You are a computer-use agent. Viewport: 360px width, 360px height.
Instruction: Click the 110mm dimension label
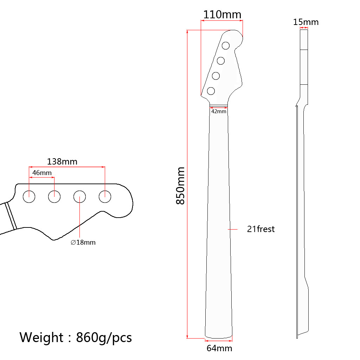pyautogui.click(x=222, y=15)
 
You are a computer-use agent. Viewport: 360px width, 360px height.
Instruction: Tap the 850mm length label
pyautogui.click(x=180, y=186)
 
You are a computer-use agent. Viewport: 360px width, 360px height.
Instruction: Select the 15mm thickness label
pyautogui.click(x=306, y=22)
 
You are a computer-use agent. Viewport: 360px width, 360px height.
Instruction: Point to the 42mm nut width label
pyautogui.click(x=219, y=111)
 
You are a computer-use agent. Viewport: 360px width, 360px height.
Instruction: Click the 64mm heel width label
pyautogui.click(x=219, y=348)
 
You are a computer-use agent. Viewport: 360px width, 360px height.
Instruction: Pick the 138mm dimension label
pyautogui.click(x=62, y=162)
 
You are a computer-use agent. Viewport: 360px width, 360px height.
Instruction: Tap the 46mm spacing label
pyautogui.click(x=42, y=173)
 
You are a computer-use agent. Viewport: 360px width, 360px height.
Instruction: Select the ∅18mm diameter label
pyautogui.click(x=83, y=243)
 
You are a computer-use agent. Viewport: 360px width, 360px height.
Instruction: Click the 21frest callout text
pyautogui.click(x=261, y=229)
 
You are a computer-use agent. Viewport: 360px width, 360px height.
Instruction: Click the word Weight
pyautogui.click(x=41, y=337)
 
